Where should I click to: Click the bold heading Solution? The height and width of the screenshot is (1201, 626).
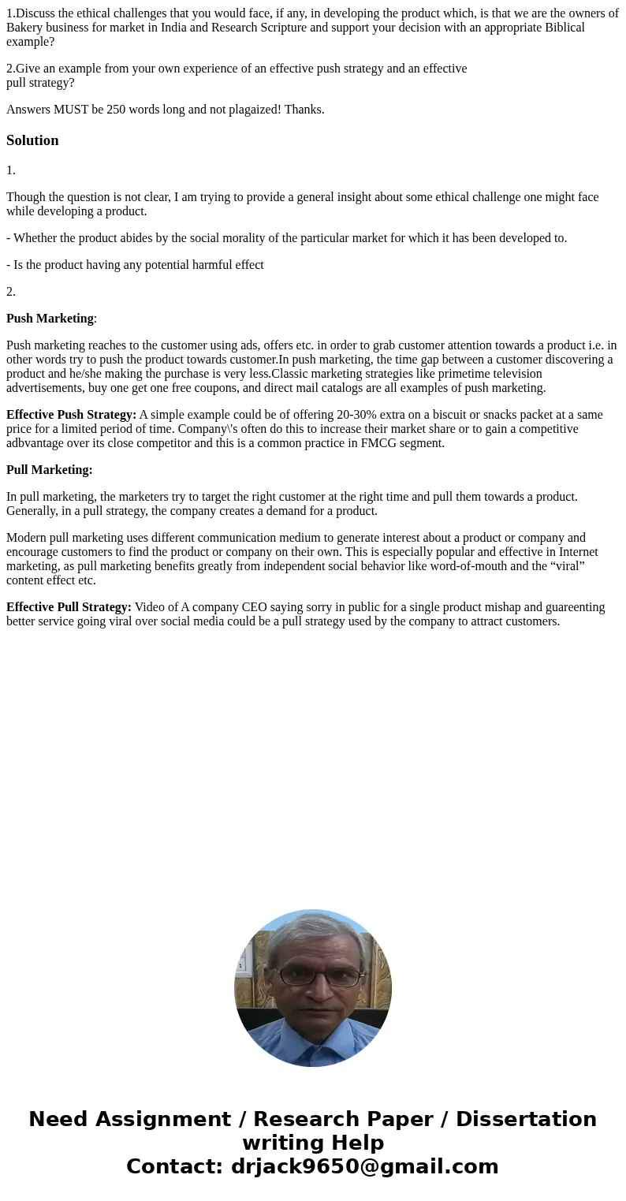coord(32,140)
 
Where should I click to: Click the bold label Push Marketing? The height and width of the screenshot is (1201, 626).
coord(50,319)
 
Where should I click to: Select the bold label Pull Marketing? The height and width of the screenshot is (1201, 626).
coord(49,470)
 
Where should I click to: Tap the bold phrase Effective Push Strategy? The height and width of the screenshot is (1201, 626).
coord(71,415)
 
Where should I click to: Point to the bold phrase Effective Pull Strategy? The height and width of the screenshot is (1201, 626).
coord(69,607)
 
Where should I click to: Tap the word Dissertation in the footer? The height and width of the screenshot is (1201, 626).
coord(526,1119)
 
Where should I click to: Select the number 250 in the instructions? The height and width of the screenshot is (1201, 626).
coord(116,110)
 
